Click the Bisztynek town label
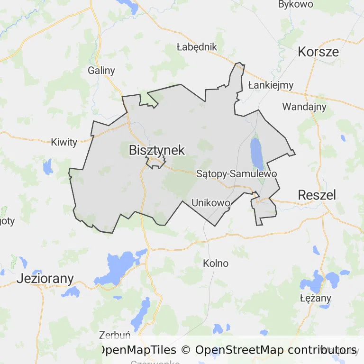click(156, 150)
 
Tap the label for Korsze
click(318, 52)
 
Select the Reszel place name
click(317, 194)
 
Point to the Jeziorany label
click(45, 278)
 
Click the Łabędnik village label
click(196, 47)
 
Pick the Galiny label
click(101, 71)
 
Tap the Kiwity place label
click(64, 142)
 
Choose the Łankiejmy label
click(271, 85)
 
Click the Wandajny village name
click(304, 106)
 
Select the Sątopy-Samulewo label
click(236, 174)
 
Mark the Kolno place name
click(216, 263)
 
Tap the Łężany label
click(316, 299)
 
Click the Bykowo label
click(296, 5)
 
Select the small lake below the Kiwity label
click(47, 167)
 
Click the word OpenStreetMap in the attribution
click(239, 350)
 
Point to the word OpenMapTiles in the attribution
click(137, 350)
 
